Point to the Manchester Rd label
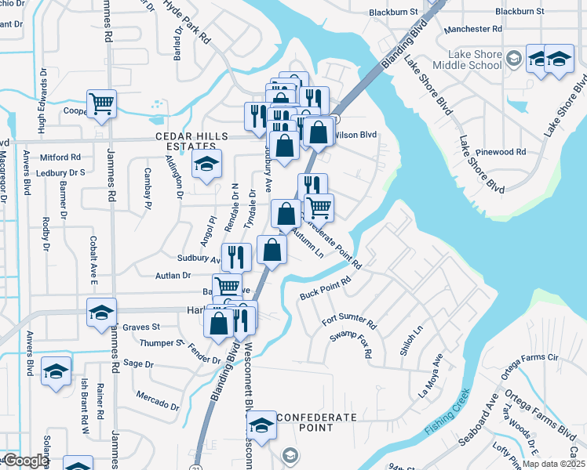(x=472, y=29)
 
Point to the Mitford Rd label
(x=60, y=157)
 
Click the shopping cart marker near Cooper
(x=102, y=103)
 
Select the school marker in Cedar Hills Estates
(x=206, y=164)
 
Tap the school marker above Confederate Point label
(x=262, y=425)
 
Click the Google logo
(x=25, y=461)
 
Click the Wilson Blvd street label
(x=355, y=135)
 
